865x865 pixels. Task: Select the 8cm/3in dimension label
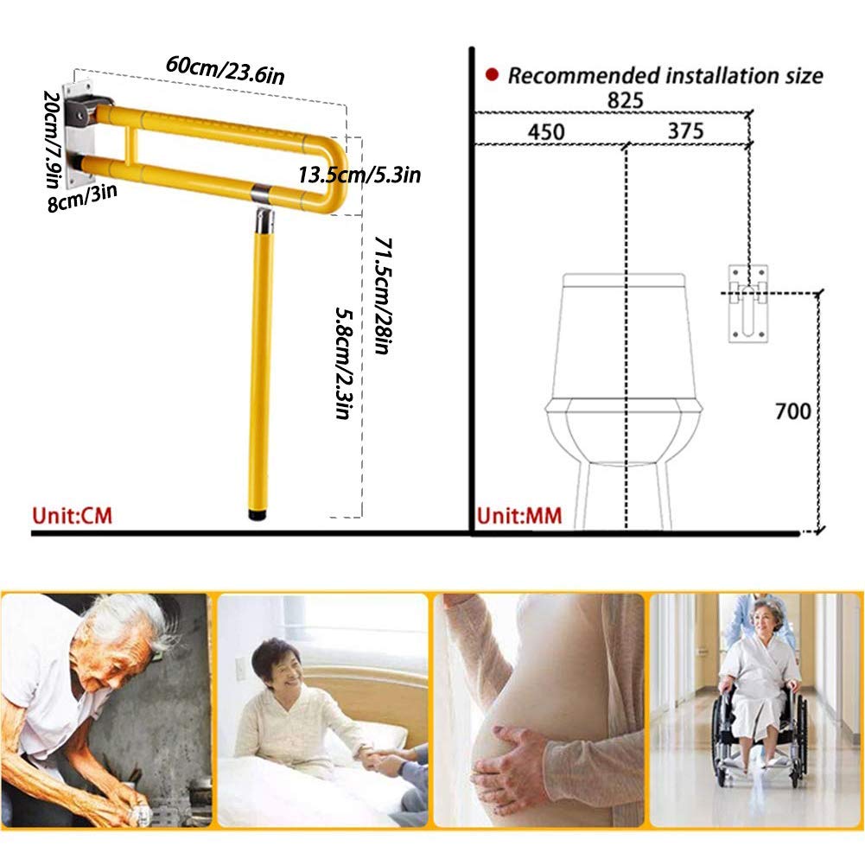pyautogui.click(x=84, y=198)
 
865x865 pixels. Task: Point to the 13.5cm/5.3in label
pyautogui.click(x=359, y=175)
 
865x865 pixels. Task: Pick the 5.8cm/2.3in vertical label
pyautogui.click(x=342, y=363)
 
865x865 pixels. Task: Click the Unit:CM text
pyautogui.click(x=73, y=516)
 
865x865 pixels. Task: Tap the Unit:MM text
pyautogui.click(x=519, y=517)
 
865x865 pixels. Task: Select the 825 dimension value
pyautogui.click(x=625, y=100)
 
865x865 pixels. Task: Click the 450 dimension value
pyautogui.click(x=544, y=131)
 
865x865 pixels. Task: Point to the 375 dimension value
pyautogui.click(x=685, y=131)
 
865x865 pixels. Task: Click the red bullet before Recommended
pyautogui.click(x=492, y=75)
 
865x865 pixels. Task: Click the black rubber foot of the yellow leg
pyautogui.click(x=258, y=514)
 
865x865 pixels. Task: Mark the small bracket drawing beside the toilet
pyautogui.click(x=747, y=302)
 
